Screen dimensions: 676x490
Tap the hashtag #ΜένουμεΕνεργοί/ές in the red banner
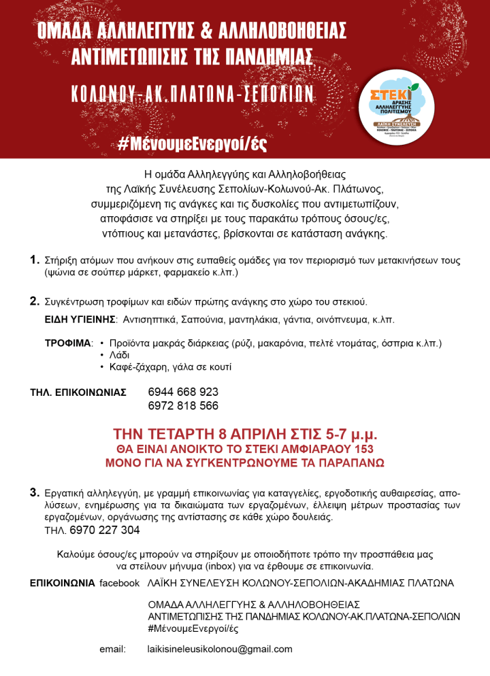[x=192, y=143]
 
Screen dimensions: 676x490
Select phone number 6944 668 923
[x=183, y=392]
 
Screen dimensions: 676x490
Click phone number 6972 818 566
[x=183, y=406]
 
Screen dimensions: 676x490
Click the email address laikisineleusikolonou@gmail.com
[x=220, y=649]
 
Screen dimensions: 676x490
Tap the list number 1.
[x=34, y=260]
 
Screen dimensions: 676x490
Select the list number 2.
[x=34, y=301]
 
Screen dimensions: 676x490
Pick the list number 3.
[x=34, y=492]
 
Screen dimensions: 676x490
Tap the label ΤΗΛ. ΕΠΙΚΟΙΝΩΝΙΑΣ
[x=78, y=392]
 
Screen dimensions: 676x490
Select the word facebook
[x=120, y=584]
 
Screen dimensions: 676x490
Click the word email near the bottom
[x=112, y=649]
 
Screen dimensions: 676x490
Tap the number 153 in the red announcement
[x=357, y=450]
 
